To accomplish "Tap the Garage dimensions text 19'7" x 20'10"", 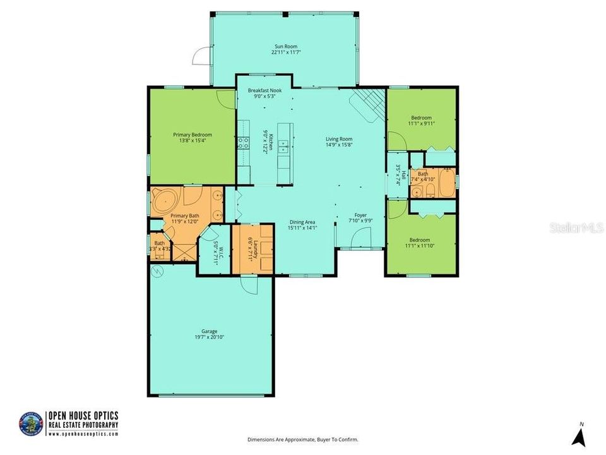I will coord(210,337).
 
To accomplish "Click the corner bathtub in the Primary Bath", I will coord(163,200).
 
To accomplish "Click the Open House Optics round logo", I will coord(31,423).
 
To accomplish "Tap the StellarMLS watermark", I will coord(576,227).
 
